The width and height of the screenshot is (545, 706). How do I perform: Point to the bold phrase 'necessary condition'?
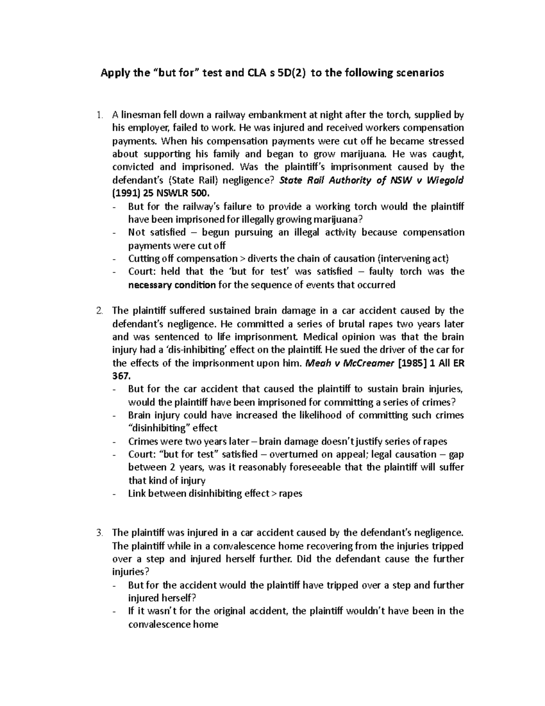(x=172, y=285)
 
